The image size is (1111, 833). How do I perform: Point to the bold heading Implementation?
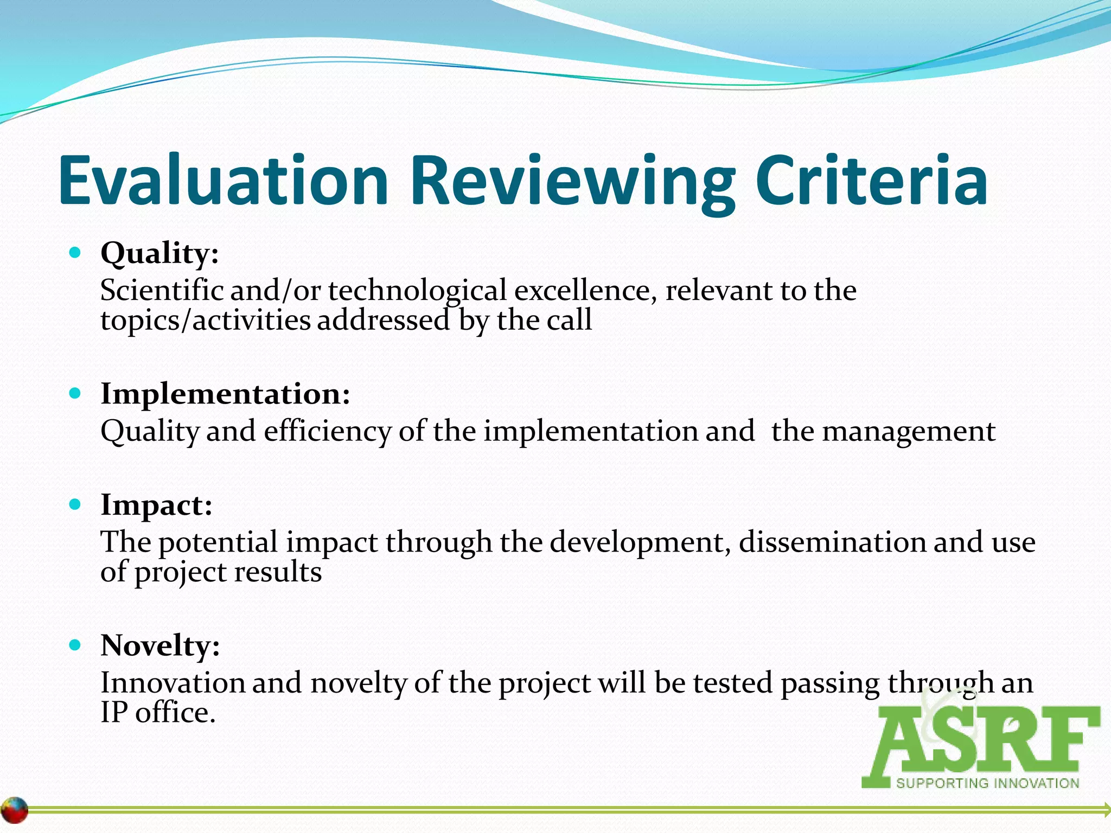pyautogui.click(x=225, y=394)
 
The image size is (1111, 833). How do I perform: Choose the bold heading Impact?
pyautogui.click(x=156, y=505)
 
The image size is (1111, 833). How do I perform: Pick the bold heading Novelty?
pyautogui.click(x=160, y=646)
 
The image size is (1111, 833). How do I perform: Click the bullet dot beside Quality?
pyautogui.click(x=75, y=253)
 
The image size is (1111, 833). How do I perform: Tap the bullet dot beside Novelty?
pyautogui.click(x=75, y=645)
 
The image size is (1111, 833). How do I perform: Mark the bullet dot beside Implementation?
pyautogui.click(x=75, y=393)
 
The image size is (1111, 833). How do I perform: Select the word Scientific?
pyautogui.click(x=162, y=290)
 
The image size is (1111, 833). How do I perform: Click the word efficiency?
pyautogui.click(x=327, y=432)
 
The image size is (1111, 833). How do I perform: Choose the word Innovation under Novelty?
pyautogui.click(x=173, y=683)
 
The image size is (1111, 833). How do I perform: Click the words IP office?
pyautogui.click(x=158, y=713)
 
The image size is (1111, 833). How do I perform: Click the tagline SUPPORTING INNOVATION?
pyautogui.click(x=987, y=783)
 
